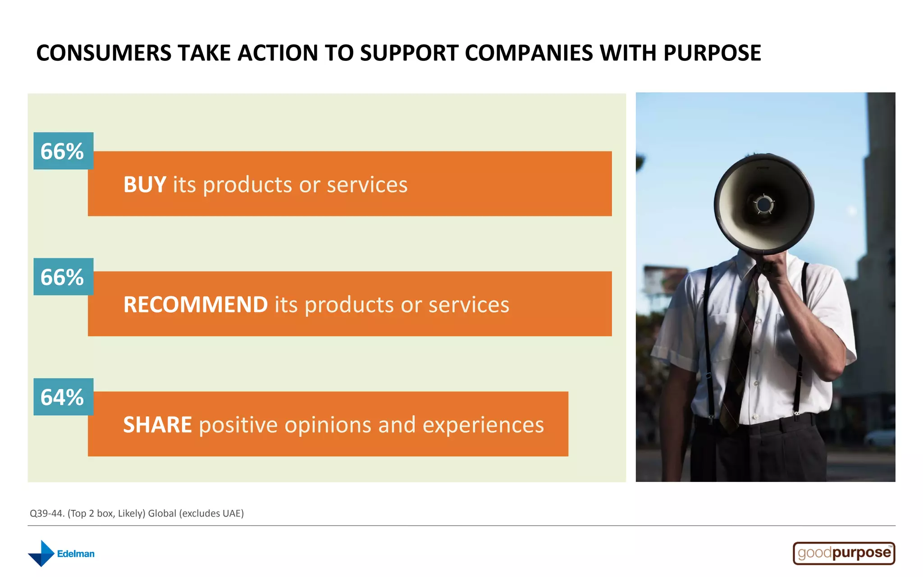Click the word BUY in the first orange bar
coord(145,185)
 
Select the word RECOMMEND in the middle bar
coord(196,305)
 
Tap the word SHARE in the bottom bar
coord(157,425)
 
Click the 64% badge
coord(63,397)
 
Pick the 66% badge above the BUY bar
coord(63,151)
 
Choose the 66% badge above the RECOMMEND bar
coord(63,277)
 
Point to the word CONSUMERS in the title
coord(104,53)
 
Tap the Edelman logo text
coord(76,554)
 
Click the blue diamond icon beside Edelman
coord(41,554)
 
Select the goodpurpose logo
coord(844,553)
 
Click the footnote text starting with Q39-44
coord(137,513)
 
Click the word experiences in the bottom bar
coord(483,425)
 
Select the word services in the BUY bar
coord(367,185)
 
